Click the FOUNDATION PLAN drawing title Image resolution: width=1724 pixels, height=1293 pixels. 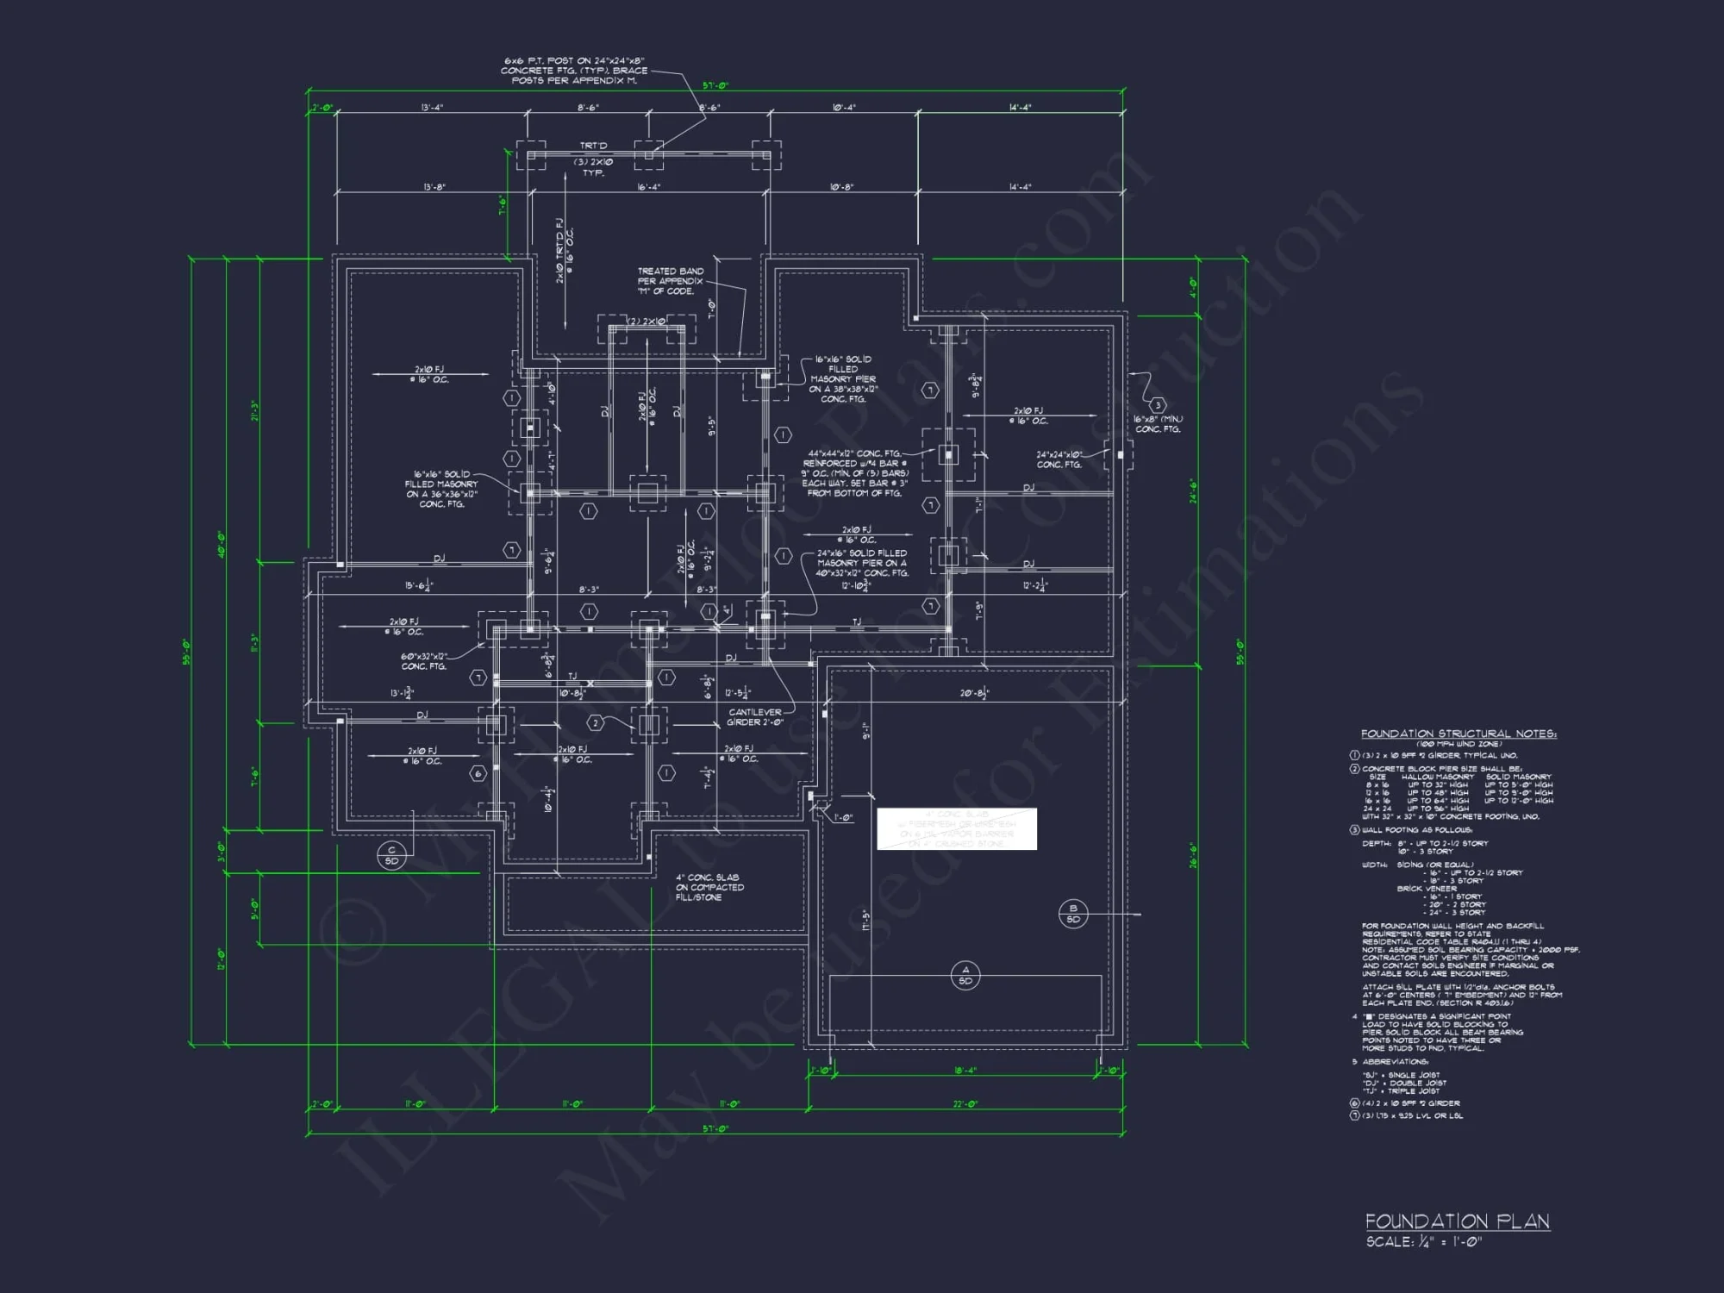pyautogui.click(x=1457, y=1221)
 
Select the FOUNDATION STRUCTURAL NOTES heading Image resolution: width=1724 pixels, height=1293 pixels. pyautogui.click(x=1459, y=734)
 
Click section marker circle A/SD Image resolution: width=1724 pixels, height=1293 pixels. pyautogui.click(x=965, y=975)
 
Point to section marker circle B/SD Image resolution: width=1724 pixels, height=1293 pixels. pyautogui.click(x=1073, y=914)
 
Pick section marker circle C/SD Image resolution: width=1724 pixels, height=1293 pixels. pyautogui.click(x=391, y=855)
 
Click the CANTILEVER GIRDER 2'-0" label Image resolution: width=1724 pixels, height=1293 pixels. pyautogui.click(x=755, y=717)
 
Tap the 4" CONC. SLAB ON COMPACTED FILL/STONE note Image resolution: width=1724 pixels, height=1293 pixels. pyautogui.click(x=709, y=887)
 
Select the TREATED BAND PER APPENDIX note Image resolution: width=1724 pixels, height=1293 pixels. pyautogui.click(x=670, y=281)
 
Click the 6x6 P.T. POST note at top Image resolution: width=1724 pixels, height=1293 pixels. pyautogui.click(x=574, y=71)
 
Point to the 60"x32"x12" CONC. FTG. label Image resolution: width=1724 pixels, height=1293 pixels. pyautogui.click(x=423, y=661)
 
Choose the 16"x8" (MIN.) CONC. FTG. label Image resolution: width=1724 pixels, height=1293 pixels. pyautogui.click(x=1158, y=424)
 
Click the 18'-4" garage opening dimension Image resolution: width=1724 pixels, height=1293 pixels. pyautogui.click(x=965, y=1071)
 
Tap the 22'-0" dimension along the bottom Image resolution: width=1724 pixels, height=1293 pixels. pyautogui.click(x=965, y=1104)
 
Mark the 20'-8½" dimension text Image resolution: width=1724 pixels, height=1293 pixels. pyautogui.click(x=974, y=693)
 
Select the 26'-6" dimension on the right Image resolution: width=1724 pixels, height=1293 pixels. pyautogui.click(x=1194, y=855)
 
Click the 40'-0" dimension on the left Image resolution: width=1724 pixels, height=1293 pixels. pyautogui.click(x=222, y=545)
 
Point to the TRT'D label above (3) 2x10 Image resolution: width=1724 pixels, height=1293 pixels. pyautogui.click(x=593, y=146)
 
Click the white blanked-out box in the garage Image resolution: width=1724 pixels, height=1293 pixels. pyautogui.click(x=957, y=829)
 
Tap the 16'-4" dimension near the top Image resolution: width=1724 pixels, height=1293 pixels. pyautogui.click(x=648, y=187)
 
